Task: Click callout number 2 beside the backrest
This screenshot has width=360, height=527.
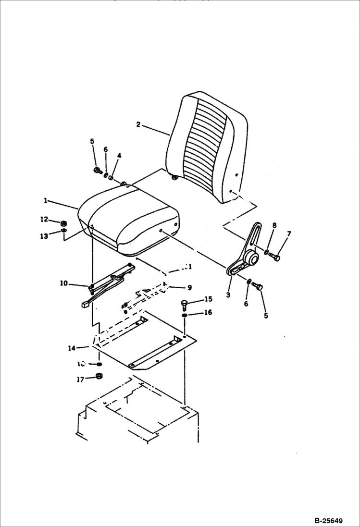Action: (138, 125)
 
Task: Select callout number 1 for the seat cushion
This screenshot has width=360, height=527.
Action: (46, 200)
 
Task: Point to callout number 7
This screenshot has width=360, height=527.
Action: (289, 234)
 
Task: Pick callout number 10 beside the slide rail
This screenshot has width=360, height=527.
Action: (63, 283)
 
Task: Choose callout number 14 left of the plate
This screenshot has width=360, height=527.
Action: (72, 347)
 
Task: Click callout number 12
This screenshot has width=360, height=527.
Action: (44, 220)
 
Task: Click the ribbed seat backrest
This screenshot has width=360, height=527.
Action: (207, 149)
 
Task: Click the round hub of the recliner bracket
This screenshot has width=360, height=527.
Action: (250, 259)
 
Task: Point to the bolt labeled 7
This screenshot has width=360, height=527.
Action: (275, 258)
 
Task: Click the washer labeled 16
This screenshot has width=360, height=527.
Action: (185, 315)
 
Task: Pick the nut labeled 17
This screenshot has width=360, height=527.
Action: (99, 376)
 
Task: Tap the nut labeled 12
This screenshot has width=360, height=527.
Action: (63, 223)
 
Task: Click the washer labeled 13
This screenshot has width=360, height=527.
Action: (64, 232)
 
